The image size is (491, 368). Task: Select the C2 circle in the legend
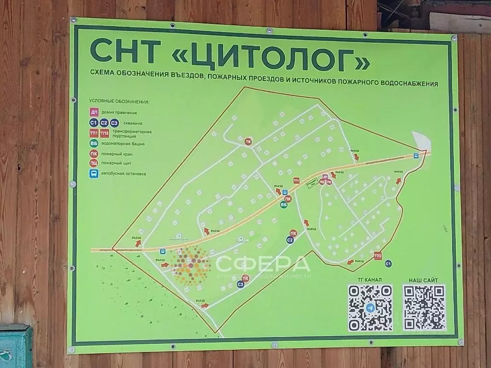pos(104,123)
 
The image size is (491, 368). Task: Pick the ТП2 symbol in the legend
pos(104,133)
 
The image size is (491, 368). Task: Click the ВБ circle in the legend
pos(94,143)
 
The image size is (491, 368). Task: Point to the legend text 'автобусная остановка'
pos(124,174)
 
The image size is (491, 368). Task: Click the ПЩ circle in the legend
pos(94,163)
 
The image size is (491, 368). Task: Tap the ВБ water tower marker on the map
pos(283,205)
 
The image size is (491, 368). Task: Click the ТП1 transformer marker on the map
pos(296,181)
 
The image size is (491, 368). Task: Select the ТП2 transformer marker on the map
pos(378,256)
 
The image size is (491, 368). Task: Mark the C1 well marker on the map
pos(388,264)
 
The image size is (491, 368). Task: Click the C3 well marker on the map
pos(241,285)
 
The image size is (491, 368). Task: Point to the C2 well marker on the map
pos(290,240)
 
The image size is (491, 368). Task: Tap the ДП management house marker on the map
pos(325,177)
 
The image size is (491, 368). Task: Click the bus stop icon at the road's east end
pos(416,155)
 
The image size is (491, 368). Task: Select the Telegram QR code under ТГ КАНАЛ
pos(370,308)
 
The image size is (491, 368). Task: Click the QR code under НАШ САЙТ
pos(424,308)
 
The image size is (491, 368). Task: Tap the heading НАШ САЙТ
pos(423,280)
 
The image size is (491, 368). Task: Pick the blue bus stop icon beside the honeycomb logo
pos(163,251)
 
